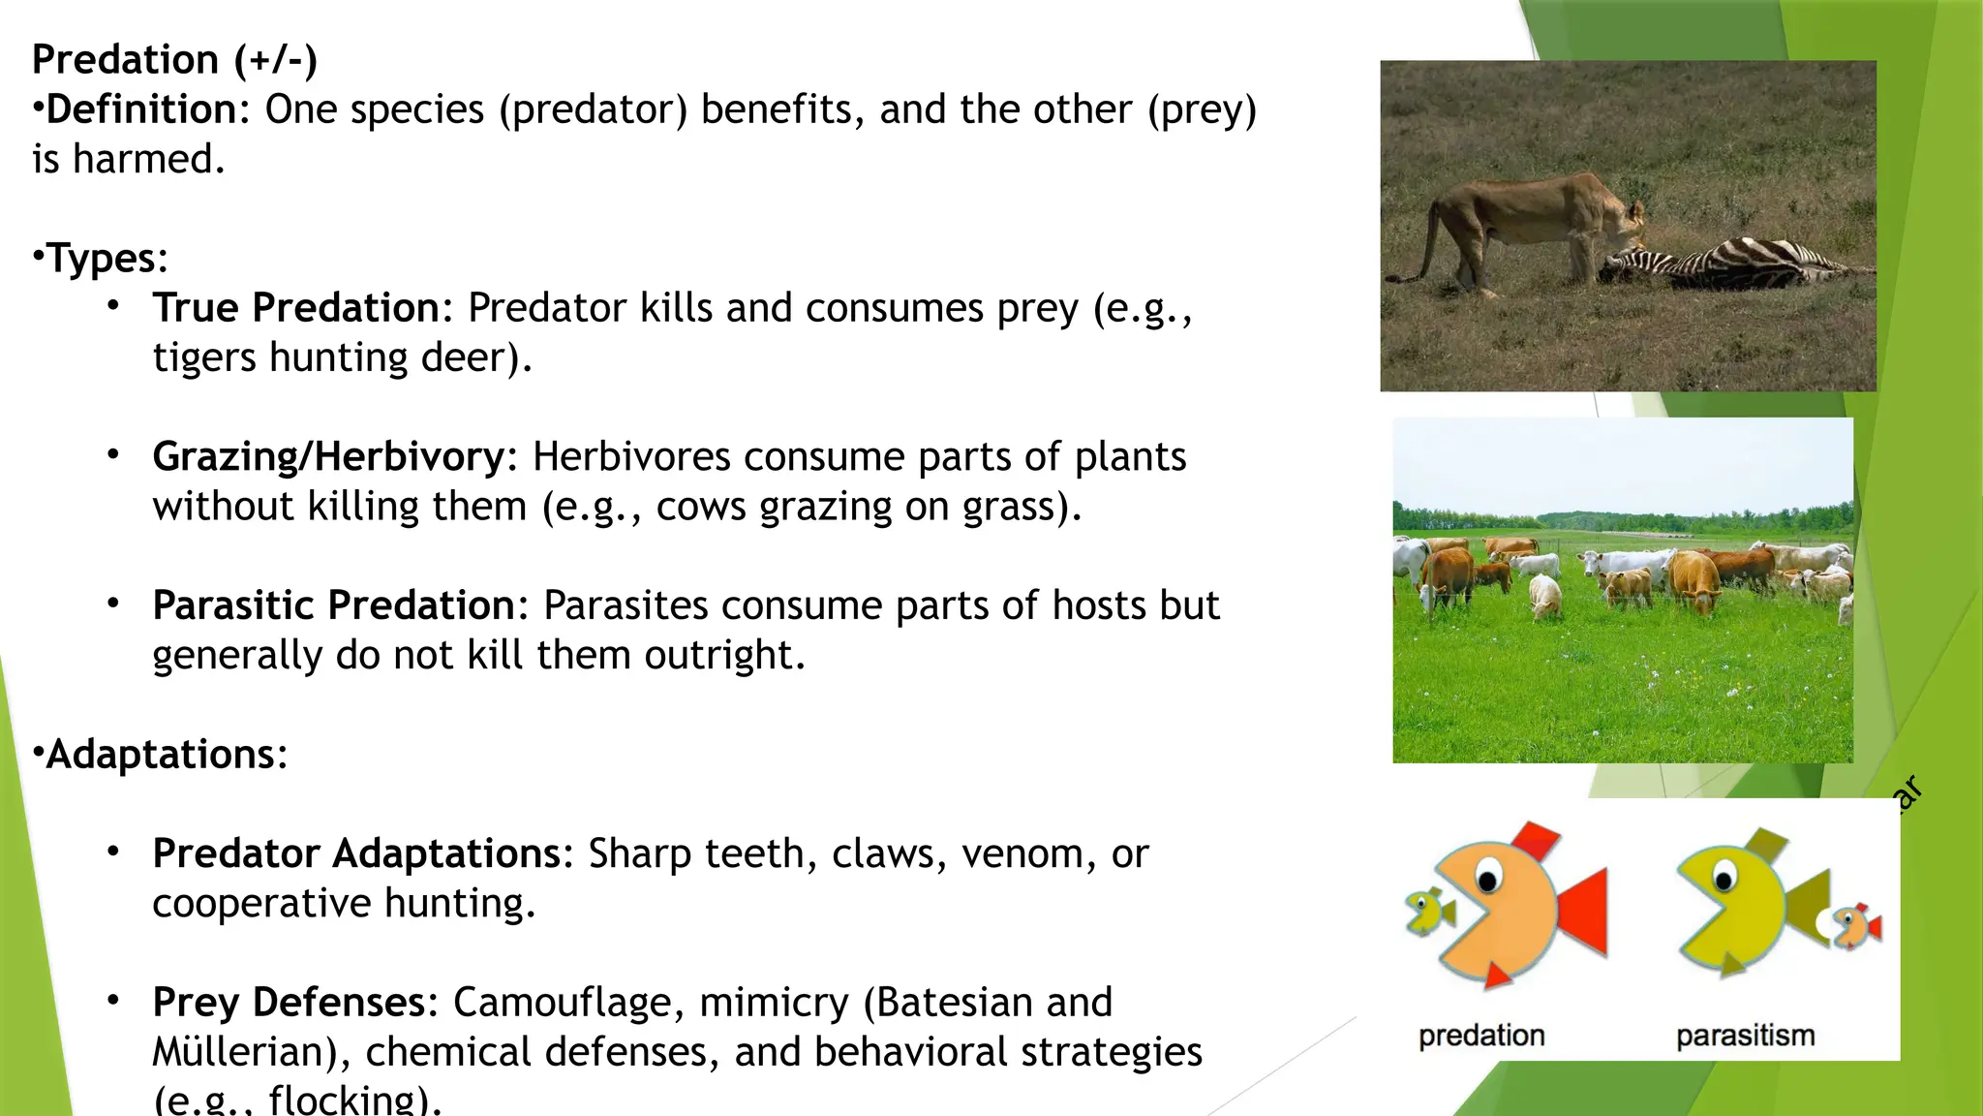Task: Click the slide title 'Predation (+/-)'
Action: pos(174,60)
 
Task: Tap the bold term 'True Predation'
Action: pos(296,308)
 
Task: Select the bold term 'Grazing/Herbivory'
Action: pos(328,456)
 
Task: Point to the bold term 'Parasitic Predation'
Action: pos(333,605)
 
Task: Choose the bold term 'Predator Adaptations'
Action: pos(356,853)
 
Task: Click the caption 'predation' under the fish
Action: pos(1481,1036)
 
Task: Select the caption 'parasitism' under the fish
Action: pos(1745,1036)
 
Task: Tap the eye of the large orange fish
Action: pos(1487,879)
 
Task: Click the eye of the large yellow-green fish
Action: pos(1724,879)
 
